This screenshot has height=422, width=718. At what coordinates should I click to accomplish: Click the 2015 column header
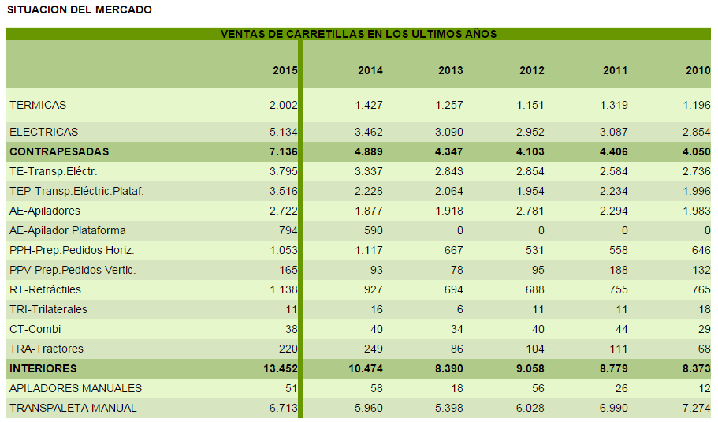point(285,70)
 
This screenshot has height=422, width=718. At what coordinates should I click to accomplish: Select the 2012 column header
point(531,70)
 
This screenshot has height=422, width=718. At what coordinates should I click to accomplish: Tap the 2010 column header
point(698,70)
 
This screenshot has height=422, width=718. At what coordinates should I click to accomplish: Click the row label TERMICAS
point(38,105)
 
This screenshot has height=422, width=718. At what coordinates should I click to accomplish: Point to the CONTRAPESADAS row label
point(59,151)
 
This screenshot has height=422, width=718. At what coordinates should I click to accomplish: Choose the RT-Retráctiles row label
point(45,289)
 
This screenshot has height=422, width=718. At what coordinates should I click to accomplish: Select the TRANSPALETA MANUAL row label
point(73,408)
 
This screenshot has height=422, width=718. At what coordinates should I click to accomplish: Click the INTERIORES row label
point(43,368)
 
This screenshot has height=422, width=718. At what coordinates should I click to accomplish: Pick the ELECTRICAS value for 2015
point(283,132)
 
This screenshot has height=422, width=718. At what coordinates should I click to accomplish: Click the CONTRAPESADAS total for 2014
point(366,151)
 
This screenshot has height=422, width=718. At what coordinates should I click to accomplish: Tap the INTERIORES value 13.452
point(279,368)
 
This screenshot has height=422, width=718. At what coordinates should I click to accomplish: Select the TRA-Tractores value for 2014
point(370,349)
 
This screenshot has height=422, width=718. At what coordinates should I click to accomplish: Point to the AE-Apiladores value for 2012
point(531,211)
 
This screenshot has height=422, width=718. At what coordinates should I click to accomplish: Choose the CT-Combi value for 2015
point(291,329)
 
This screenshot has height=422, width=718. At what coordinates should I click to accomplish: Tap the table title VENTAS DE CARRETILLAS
point(359,34)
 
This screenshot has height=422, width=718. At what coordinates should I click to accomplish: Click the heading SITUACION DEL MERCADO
point(80,9)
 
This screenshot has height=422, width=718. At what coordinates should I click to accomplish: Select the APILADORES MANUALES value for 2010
point(703,388)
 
